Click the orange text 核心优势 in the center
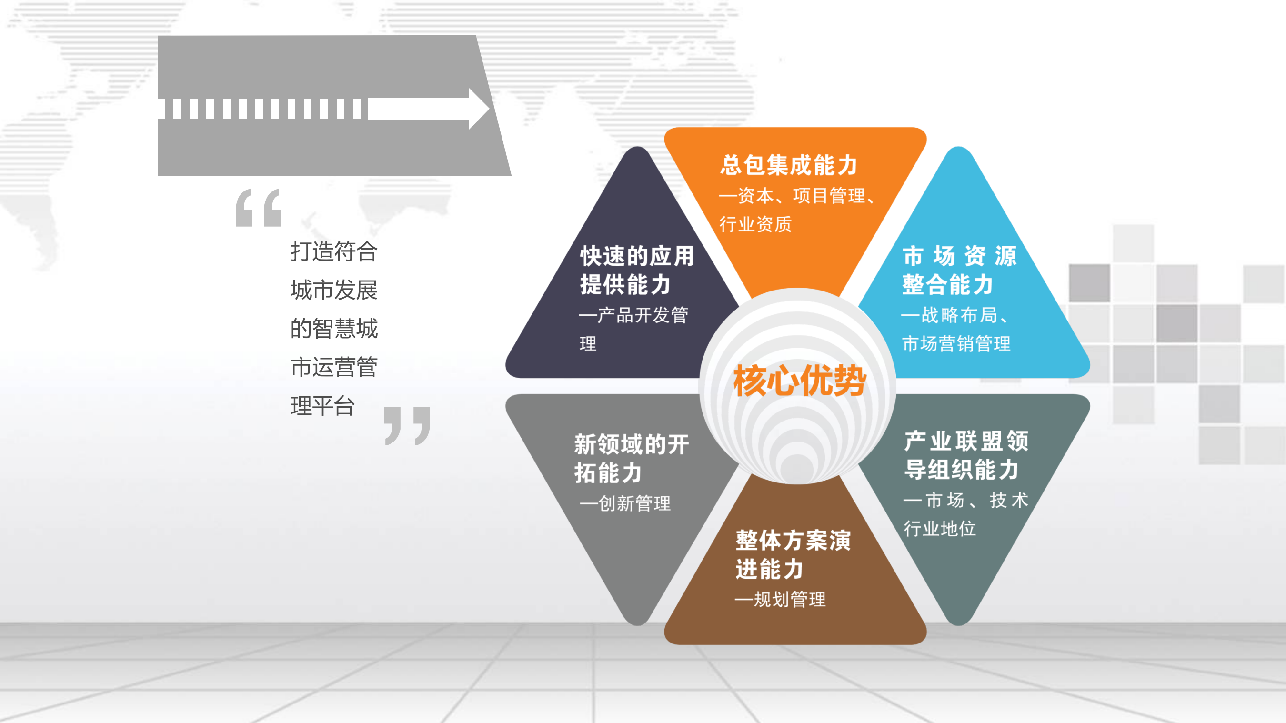799,381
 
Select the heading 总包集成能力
789,165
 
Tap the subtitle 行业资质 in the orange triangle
755,224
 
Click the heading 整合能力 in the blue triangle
947,285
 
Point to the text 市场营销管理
956,343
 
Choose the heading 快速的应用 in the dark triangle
637,256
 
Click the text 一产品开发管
633,315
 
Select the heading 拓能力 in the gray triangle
608,473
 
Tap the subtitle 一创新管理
625,503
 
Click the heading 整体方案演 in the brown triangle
793,541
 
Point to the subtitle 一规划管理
780,599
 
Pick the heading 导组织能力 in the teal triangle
962,469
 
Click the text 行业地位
940,528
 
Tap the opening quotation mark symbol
259,208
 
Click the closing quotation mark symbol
407,425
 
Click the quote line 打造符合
334,251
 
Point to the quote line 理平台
322,406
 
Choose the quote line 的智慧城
334,329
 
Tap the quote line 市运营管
334,368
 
